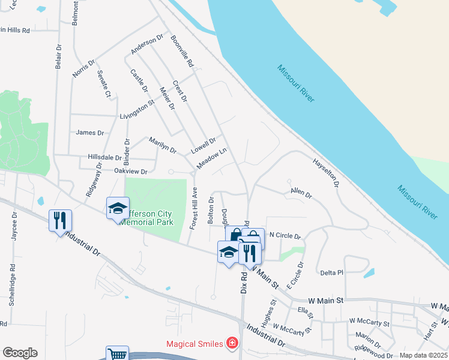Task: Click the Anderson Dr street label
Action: point(147,44)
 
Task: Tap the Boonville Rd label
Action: point(182,50)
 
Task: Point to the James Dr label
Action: point(90,133)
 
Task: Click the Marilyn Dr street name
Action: point(163,145)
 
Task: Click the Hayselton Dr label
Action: point(326,172)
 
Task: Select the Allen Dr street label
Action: point(301,194)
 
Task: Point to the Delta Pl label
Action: point(331,272)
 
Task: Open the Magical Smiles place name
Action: point(194,344)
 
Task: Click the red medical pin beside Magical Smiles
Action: point(232,344)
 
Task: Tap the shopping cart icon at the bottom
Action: point(117,355)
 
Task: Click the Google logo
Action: point(20,353)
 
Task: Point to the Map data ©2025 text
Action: point(423,355)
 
